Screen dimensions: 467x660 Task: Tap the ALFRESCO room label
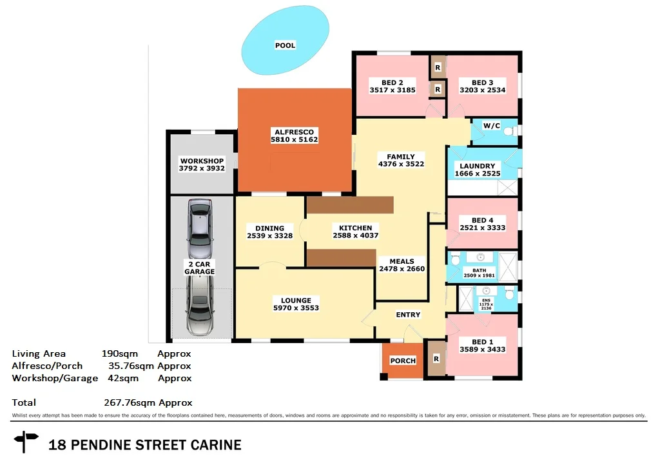click(x=294, y=132)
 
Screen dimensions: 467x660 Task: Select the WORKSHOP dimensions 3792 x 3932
click(x=202, y=169)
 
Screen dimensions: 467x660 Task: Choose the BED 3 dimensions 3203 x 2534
click(x=482, y=90)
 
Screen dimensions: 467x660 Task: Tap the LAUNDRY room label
click(x=478, y=166)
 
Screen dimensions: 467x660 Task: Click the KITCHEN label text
click(x=355, y=228)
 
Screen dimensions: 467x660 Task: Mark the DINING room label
click(x=269, y=228)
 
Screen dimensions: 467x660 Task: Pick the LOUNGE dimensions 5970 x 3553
click(x=296, y=308)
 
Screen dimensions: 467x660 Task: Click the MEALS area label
click(x=402, y=261)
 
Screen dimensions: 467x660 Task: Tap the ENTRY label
click(x=408, y=315)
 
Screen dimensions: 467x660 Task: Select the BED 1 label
click(x=482, y=341)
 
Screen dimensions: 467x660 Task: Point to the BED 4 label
click(x=482, y=220)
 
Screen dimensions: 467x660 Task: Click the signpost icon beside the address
click(x=27, y=442)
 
